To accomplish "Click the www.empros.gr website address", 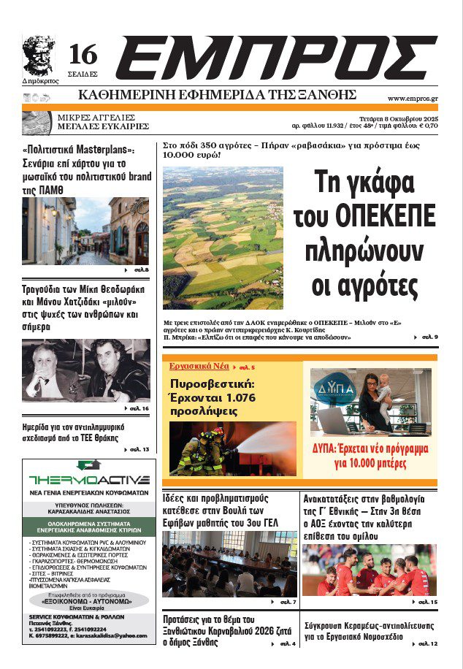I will (413, 99).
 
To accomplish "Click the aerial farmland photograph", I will (223, 237).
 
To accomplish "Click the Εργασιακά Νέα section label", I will (199, 365).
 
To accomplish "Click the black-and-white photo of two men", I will (86, 370).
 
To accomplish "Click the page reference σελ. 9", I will (429, 337).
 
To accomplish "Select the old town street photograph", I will (86, 231).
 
